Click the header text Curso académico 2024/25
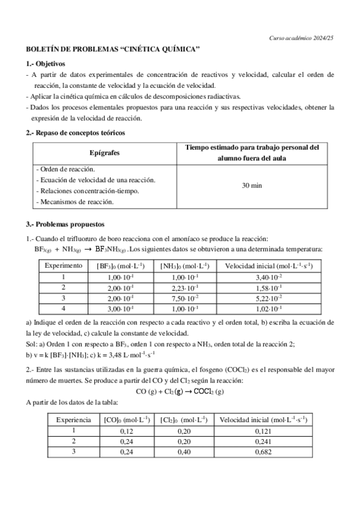pos(304,38)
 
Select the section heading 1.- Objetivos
pos(45,63)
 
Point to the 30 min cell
pos(252,186)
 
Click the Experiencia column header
pos(74,420)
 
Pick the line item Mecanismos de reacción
pos(75,202)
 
